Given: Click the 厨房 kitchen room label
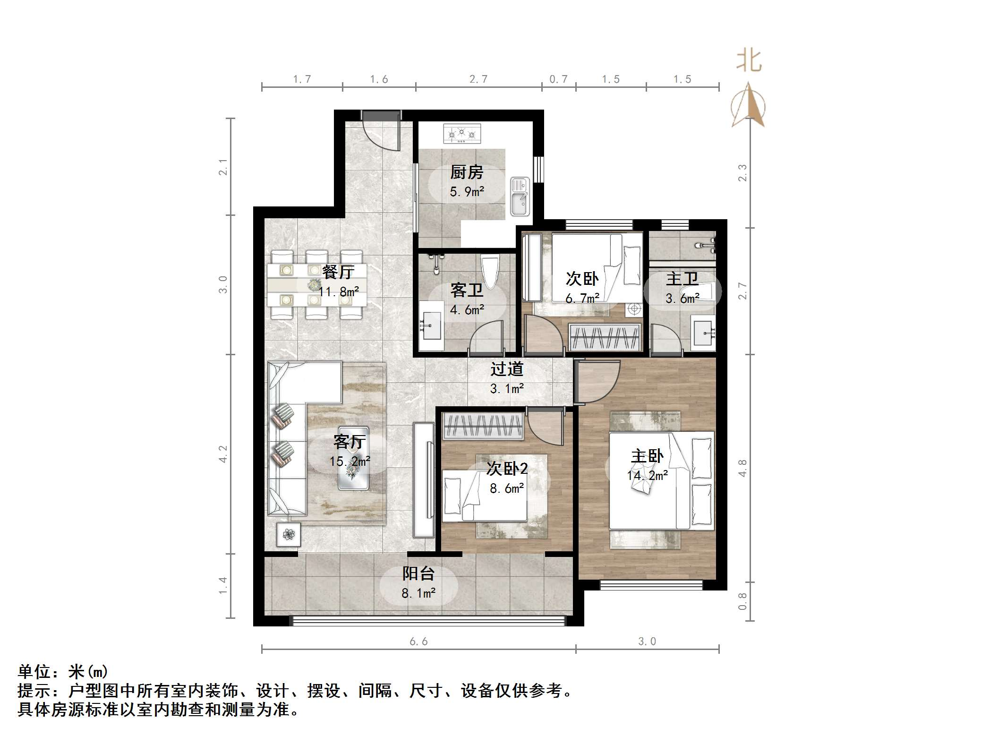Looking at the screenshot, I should (466, 172).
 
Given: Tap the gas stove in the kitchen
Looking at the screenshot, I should (462, 134).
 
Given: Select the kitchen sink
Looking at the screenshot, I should (520, 197).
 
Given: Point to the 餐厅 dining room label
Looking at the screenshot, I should (338, 272).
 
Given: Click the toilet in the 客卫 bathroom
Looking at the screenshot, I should (490, 271).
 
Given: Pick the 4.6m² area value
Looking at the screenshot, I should (467, 310).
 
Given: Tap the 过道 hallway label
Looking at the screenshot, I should (506, 369).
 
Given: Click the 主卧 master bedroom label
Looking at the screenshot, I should (647, 456).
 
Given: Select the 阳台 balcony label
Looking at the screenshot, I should (418, 573).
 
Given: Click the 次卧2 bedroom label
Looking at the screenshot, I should (507, 469).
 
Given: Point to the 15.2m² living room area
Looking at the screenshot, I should (350, 461).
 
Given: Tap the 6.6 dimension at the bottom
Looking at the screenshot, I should (418, 641).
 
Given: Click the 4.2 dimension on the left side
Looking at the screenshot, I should (223, 454).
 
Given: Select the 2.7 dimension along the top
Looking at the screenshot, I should (478, 79).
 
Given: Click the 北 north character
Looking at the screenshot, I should (749, 61).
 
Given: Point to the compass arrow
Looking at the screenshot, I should (748, 106).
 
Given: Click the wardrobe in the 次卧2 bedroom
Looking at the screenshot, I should (483, 426).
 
